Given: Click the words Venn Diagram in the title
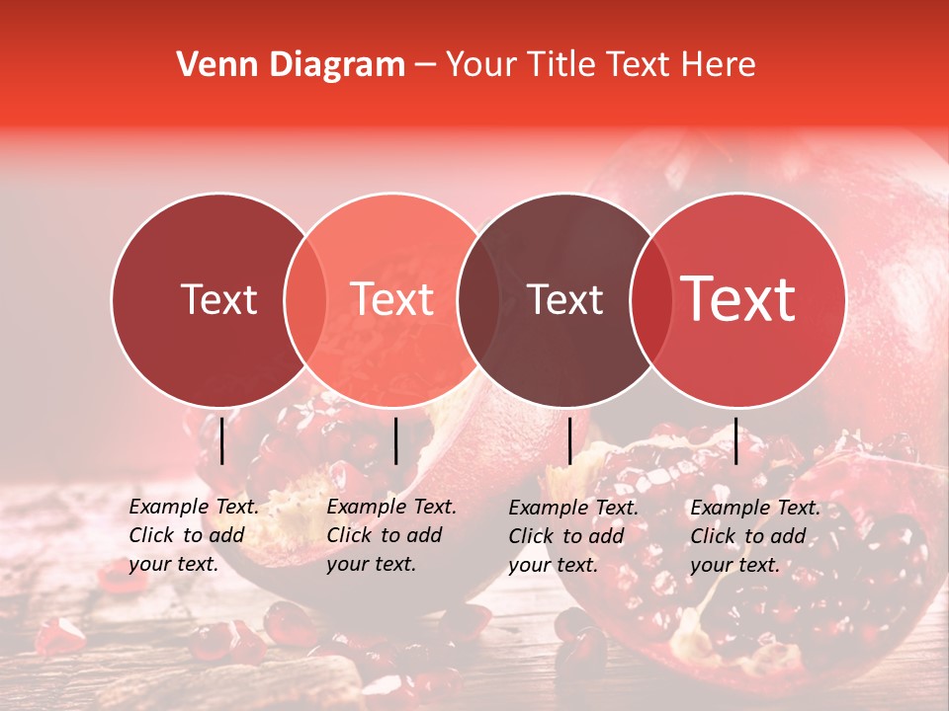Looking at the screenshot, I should (x=291, y=65).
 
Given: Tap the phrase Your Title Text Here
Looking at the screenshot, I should (x=600, y=65).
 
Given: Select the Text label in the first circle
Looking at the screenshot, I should (x=218, y=299).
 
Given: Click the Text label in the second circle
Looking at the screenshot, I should (x=392, y=299).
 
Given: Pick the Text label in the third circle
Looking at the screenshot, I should (x=565, y=299).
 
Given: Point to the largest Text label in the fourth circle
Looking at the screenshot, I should (x=738, y=299).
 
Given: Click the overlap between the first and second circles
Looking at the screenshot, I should (x=305, y=299).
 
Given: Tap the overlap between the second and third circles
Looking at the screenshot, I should (x=478, y=299).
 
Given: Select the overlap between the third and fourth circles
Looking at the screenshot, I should (x=650, y=299).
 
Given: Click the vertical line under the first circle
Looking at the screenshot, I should (x=222, y=440).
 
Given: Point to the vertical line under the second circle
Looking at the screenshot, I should (x=395, y=440).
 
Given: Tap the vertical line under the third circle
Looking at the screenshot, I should (x=569, y=440).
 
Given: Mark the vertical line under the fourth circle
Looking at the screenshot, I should (x=736, y=440).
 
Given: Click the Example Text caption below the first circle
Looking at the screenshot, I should (x=194, y=535).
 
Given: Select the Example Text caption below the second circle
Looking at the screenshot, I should (x=391, y=535).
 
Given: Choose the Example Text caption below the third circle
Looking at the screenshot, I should (x=573, y=536).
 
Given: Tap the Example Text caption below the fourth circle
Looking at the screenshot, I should (x=755, y=536).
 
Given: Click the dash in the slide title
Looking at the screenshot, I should (x=425, y=66).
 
